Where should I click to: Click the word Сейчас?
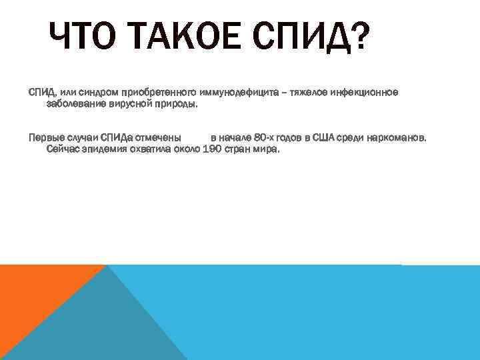tap(63, 149)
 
